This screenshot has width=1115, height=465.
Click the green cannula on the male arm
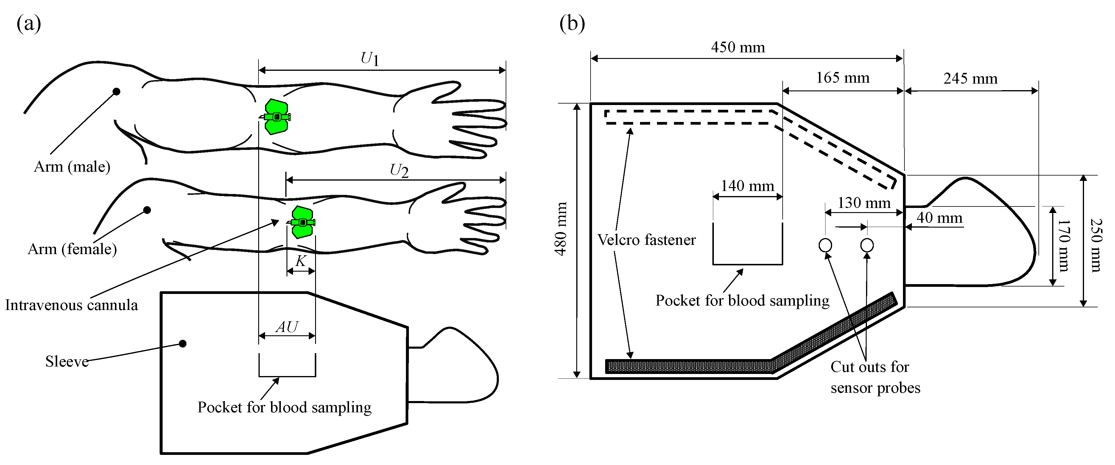tap(276, 117)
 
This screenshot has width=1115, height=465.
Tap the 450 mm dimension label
tap(738, 47)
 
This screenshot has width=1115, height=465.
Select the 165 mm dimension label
tap(842, 78)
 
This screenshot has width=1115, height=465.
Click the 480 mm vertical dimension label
tap(561, 229)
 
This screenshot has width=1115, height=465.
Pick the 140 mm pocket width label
tap(747, 186)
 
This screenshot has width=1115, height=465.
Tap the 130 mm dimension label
tap(864, 203)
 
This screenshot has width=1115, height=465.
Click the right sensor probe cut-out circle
tap(867, 245)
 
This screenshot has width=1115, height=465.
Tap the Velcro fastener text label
tap(646, 239)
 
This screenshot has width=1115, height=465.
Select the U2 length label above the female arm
tap(399, 170)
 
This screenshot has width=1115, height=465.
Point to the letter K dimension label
tap(300, 261)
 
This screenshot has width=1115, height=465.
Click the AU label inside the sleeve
tap(287, 327)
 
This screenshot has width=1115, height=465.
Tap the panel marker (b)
tap(572, 24)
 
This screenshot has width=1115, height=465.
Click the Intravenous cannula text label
tap(71, 305)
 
